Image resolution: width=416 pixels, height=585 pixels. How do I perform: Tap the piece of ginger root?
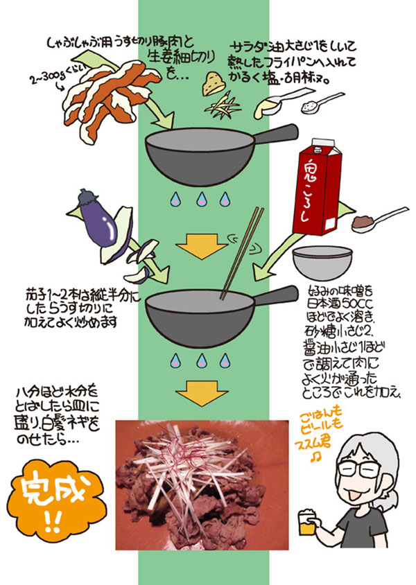214,82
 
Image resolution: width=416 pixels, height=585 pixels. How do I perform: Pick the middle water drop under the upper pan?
202,200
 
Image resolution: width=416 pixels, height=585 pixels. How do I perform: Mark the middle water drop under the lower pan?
202,360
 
